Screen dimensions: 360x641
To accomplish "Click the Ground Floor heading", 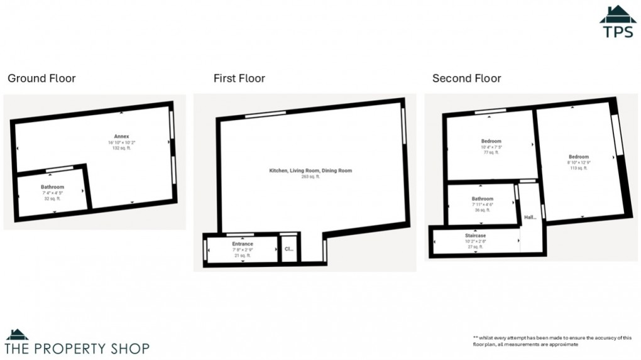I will click(x=41, y=79).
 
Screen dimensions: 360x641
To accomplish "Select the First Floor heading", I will click(x=239, y=79).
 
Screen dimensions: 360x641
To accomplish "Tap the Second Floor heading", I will click(x=466, y=79).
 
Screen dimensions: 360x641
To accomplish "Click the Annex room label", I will click(x=121, y=136).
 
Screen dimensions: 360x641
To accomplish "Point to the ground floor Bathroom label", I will click(x=52, y=187).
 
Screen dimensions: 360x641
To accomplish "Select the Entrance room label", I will click(x=243, y=244).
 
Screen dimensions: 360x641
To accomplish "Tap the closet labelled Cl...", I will click(x=289, y=249).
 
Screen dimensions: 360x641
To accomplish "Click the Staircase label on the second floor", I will click(x=475, y=236).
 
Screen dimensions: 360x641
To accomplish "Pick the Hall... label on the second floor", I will click(x=530, y=218).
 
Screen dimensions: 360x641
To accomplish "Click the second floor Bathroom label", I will click(x=483, y=199).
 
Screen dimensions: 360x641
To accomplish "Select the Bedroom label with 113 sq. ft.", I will click(x=579, y=156).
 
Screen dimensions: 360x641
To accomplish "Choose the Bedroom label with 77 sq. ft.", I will click(x=491, y=141).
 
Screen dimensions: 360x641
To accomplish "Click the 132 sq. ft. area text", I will click(x=121, y=148).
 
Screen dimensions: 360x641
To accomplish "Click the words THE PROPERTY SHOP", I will click(x=77, y=348).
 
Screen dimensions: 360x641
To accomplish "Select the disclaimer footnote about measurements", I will click(x=552, y=341).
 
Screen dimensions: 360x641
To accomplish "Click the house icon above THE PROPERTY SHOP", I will click(x=17, y=334).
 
